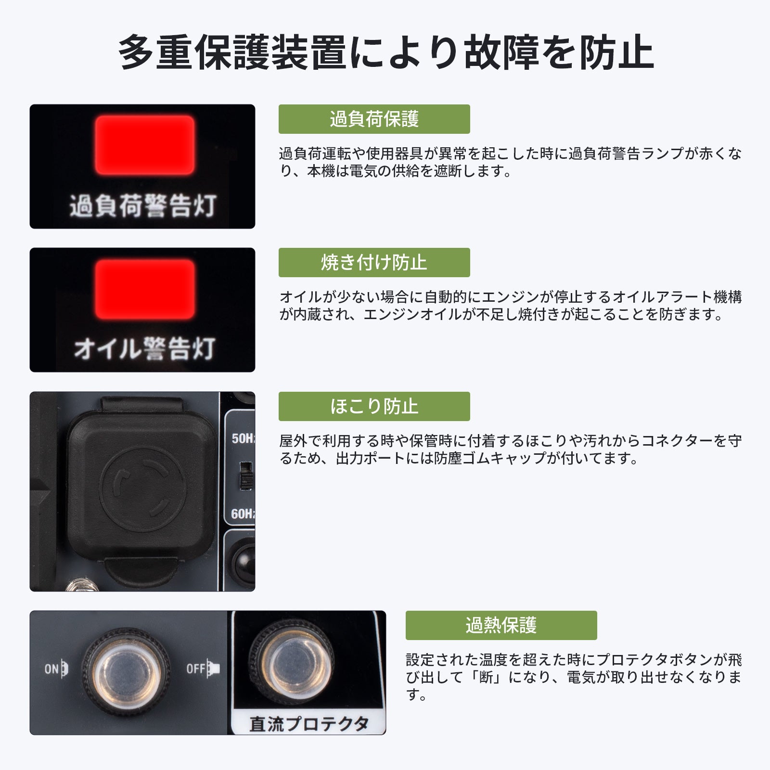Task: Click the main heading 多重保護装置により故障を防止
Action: pos(385,52)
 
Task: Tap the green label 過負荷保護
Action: pos(374,119)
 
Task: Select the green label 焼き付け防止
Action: pos(374,262)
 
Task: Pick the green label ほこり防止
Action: pos(374,406)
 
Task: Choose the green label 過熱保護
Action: pos(501,625)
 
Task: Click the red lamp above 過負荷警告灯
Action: pos(145,145)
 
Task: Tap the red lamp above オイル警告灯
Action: pos(145,289)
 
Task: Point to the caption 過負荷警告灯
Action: pos(143,206)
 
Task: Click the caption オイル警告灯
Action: pos(144,348)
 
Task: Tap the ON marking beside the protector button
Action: pos(57,669)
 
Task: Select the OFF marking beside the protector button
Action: pos(203,669)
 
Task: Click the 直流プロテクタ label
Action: pos(309,724)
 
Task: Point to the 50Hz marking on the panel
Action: pos(243,438)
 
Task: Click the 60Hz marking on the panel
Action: pos(243,514)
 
